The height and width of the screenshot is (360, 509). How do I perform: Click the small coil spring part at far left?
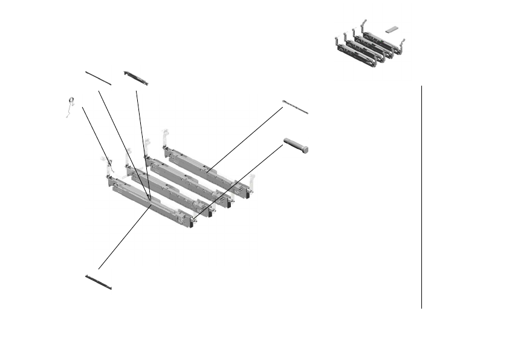(x=71, y=102)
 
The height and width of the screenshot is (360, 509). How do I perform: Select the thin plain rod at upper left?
(x=98, y=78)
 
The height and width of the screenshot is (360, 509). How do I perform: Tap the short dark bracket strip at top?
(x=135, y=77)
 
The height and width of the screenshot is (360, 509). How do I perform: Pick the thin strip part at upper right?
(x=295, y=106)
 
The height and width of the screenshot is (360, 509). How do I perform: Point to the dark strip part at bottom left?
(x=99, y=282)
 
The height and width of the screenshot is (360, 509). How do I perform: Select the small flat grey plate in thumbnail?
(x=392, y=28)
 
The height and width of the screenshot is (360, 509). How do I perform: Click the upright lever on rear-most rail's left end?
(x=164, y=137)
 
